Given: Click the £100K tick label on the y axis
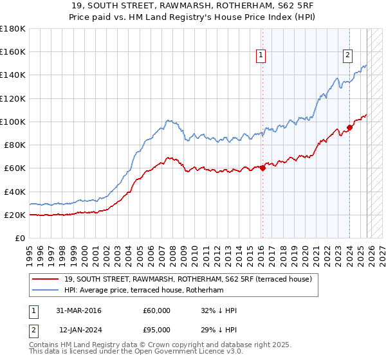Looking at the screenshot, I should pos(13,122).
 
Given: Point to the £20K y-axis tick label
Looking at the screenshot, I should pos(15,215).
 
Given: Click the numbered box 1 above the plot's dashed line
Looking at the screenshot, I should pos(261,56).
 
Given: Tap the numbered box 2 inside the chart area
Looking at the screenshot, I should pos(347,56).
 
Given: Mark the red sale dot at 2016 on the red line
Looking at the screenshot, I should pos(262,168).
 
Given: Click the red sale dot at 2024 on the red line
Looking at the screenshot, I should pos(349,127).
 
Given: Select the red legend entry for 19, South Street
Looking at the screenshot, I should pos(188,279).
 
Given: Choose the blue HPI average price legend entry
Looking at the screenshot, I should pos(143,291).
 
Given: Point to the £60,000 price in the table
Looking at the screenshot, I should pos(157,310).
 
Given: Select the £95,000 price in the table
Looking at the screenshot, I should pos(157,330).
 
